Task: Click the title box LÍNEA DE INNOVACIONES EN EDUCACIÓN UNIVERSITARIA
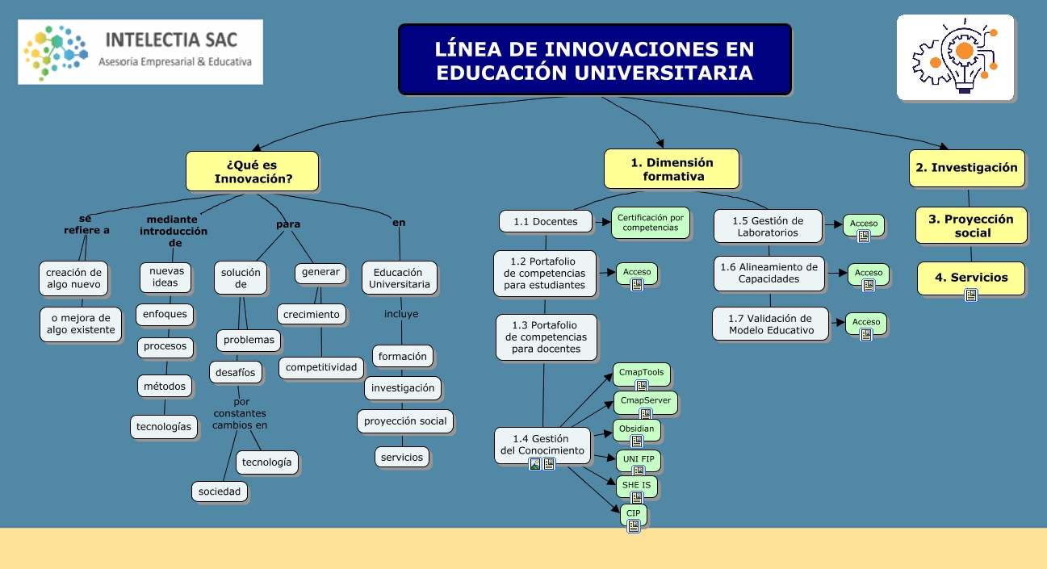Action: click(594, 60)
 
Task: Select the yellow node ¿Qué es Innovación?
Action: click(253, 171)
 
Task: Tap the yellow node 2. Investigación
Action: click(966, 168)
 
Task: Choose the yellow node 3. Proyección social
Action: click(970, 225)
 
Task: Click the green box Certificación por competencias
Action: click(651, 223)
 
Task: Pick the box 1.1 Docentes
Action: click(545, 222)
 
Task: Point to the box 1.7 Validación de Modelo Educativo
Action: click(770, 324)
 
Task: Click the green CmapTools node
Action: click(641, 373)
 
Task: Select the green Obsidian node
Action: click(636, 429)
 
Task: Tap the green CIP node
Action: click(633, 513)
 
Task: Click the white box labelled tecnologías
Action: click(164, 426)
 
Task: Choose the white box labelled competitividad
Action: click(320, 367)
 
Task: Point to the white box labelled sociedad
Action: click(220, 491)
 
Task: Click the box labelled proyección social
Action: click(404, 420)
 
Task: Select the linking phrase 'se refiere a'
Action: click(86, 224)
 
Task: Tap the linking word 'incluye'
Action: click(401, 314)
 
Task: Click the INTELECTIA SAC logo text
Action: click(172, 40)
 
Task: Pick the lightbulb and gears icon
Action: click(955, 56)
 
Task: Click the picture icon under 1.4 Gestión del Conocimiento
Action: click(534, 464)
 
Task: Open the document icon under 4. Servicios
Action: click(971, 295)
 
